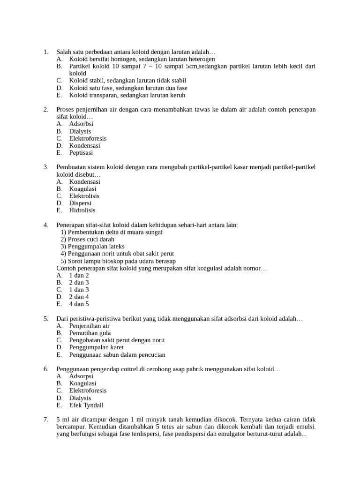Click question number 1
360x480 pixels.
(45, 52)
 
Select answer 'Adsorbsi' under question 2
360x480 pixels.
(81, 124)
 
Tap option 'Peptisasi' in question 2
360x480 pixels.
(81, 153)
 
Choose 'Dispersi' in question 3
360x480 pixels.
(80, 203)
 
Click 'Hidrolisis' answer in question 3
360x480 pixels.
(82, 210)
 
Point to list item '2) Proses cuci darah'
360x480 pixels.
(88, 239)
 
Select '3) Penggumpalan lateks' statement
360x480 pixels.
(92, 247)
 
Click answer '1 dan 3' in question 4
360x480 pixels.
(79, 290)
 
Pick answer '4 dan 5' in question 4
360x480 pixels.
(79, 304)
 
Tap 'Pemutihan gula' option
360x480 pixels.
(90, 333)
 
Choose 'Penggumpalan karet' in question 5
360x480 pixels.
(96, 347)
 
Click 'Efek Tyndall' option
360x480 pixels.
(86, 405)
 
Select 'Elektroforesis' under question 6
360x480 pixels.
(88, 390)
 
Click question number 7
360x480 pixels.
(45, 420)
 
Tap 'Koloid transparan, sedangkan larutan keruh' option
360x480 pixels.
(127, 95)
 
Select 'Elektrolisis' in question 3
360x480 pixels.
(84, 196)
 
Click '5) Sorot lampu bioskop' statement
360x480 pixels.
(118, 261)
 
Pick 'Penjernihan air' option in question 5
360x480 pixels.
(89, 326)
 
